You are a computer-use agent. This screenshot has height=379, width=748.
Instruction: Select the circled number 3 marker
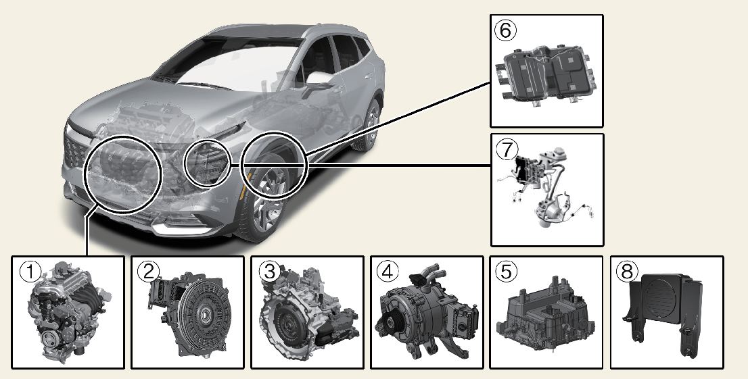(268, 272)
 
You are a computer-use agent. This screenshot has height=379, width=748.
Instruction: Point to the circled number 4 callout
(388, 272)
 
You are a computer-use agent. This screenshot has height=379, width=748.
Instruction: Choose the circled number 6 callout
(506, 30)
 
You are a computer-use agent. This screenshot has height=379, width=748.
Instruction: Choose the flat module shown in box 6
(548, 74)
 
